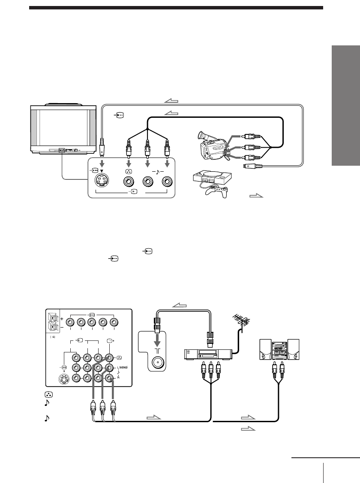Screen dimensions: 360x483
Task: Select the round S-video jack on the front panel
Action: (102, 182)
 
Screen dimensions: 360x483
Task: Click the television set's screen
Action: (60, 127)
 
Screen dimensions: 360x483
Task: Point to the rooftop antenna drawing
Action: (240, 322)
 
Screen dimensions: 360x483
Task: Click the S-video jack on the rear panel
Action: (64, 379)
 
